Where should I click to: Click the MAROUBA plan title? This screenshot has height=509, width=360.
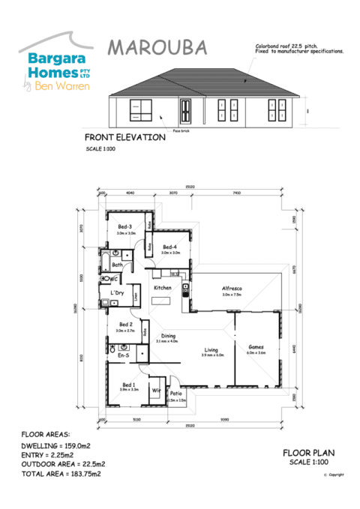click(157, 48)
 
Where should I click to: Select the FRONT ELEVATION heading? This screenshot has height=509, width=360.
click(124, 138)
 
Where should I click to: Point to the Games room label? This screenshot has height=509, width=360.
click(256, 346)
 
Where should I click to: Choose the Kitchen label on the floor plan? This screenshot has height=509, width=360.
click(163, 288)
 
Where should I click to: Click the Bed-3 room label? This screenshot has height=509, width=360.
click(124, 227)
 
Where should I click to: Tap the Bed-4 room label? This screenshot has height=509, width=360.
click(169, 247)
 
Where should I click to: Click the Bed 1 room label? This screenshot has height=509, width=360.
click(128, 384)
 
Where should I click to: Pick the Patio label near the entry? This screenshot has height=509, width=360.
click(175, 394)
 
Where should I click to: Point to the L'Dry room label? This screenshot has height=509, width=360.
click(117, 292)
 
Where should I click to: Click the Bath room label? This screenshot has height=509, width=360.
click(117, 265)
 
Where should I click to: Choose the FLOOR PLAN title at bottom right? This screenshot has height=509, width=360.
click(309, 453)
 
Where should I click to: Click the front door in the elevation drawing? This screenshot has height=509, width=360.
click(184, 112)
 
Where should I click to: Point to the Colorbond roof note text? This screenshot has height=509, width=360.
click(299, 49)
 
